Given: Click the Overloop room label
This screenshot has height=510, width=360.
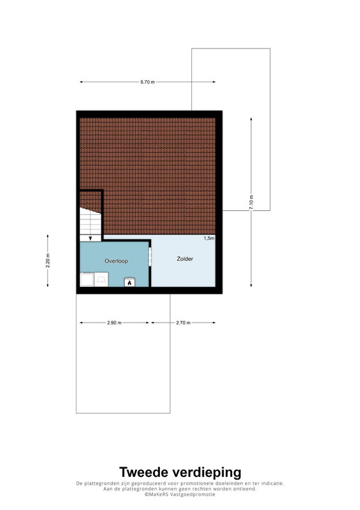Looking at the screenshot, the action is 116,261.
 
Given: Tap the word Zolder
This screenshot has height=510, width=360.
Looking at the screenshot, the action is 185,259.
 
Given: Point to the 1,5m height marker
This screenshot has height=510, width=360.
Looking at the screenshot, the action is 209,238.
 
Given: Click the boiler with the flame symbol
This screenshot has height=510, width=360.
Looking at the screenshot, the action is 129,282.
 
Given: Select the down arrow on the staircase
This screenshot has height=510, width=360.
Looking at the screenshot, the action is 90,238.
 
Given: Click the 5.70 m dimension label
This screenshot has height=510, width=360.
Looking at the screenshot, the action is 147,82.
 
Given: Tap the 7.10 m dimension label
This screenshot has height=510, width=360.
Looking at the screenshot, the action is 251,202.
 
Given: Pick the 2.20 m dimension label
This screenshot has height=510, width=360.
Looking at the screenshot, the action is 48,261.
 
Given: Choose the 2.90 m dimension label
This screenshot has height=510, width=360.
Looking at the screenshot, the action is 114,323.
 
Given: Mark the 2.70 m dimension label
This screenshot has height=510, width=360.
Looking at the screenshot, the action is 184,323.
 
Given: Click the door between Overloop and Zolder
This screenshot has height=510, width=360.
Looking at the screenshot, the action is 150,257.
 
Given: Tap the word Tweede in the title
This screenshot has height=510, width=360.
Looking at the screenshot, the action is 144,472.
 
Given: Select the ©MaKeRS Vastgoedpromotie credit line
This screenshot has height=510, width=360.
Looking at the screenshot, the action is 180,494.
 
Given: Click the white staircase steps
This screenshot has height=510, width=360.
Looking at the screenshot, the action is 90,221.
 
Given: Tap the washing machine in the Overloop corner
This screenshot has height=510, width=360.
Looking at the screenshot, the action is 87,279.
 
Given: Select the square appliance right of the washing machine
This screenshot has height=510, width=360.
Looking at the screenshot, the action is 101,279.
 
